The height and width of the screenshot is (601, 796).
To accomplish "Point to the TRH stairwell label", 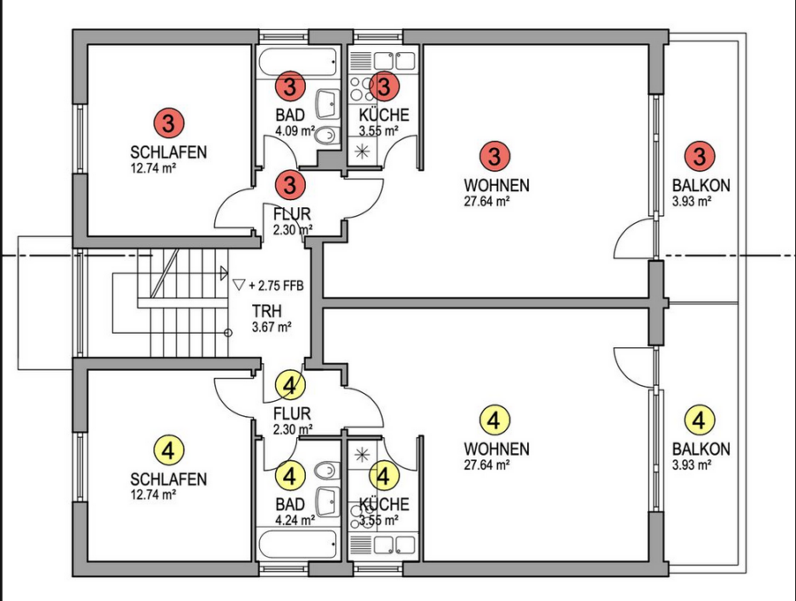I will [266, 312].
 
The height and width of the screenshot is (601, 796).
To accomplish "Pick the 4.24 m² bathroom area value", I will [295, 520].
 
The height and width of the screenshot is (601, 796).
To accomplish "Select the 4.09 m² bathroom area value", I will [295, 131].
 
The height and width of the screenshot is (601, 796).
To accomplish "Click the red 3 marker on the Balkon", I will [700, 157].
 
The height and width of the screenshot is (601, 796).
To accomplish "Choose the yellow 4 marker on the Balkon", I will [700, 419].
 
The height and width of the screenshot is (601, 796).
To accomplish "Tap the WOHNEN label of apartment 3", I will [496, 186].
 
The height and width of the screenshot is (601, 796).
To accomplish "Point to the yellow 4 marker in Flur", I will [291, 384].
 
